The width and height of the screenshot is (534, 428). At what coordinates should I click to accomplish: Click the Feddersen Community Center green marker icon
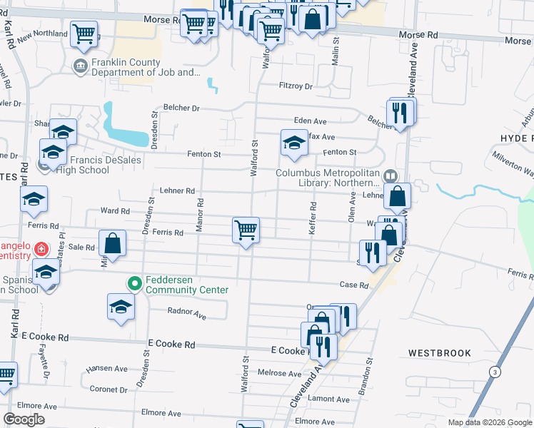tap(133, 284)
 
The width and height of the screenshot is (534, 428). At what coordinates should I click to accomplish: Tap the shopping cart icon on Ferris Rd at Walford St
tap(246, 230)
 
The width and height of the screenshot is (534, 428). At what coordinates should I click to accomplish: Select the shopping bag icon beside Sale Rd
tap(113, 243)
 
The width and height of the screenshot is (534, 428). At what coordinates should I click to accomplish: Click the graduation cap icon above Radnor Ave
tap(121, 307)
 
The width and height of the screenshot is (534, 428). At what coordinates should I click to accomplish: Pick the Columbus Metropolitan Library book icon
tap(391, 175)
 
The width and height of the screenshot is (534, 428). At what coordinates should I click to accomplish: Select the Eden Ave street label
tap(310, 121)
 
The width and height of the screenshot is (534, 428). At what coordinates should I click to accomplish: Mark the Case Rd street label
tap(353, 285)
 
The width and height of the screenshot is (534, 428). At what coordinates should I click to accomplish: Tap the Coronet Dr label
tap(109, 389)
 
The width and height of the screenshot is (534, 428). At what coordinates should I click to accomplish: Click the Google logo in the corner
tap(24, 419)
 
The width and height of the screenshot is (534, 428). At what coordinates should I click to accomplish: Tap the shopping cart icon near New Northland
tap(84, 33)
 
